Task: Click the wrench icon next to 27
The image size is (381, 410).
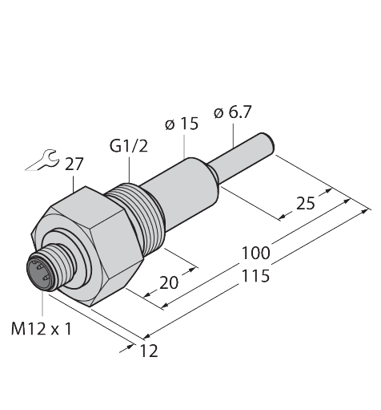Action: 41,161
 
